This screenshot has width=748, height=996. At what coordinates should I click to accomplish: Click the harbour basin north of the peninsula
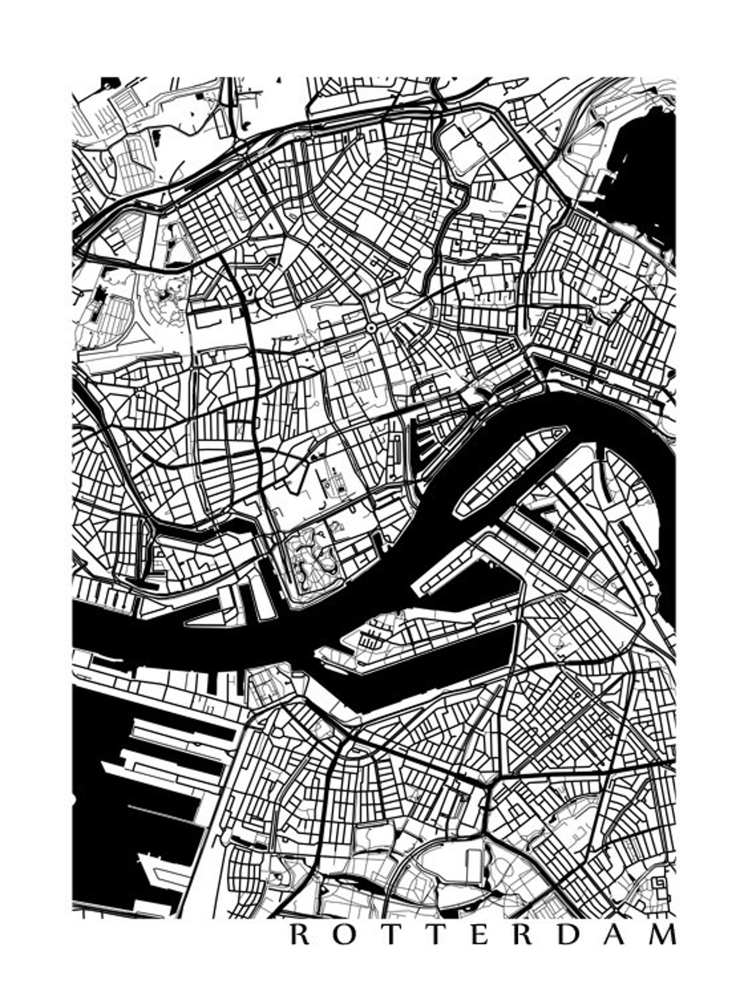471,593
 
